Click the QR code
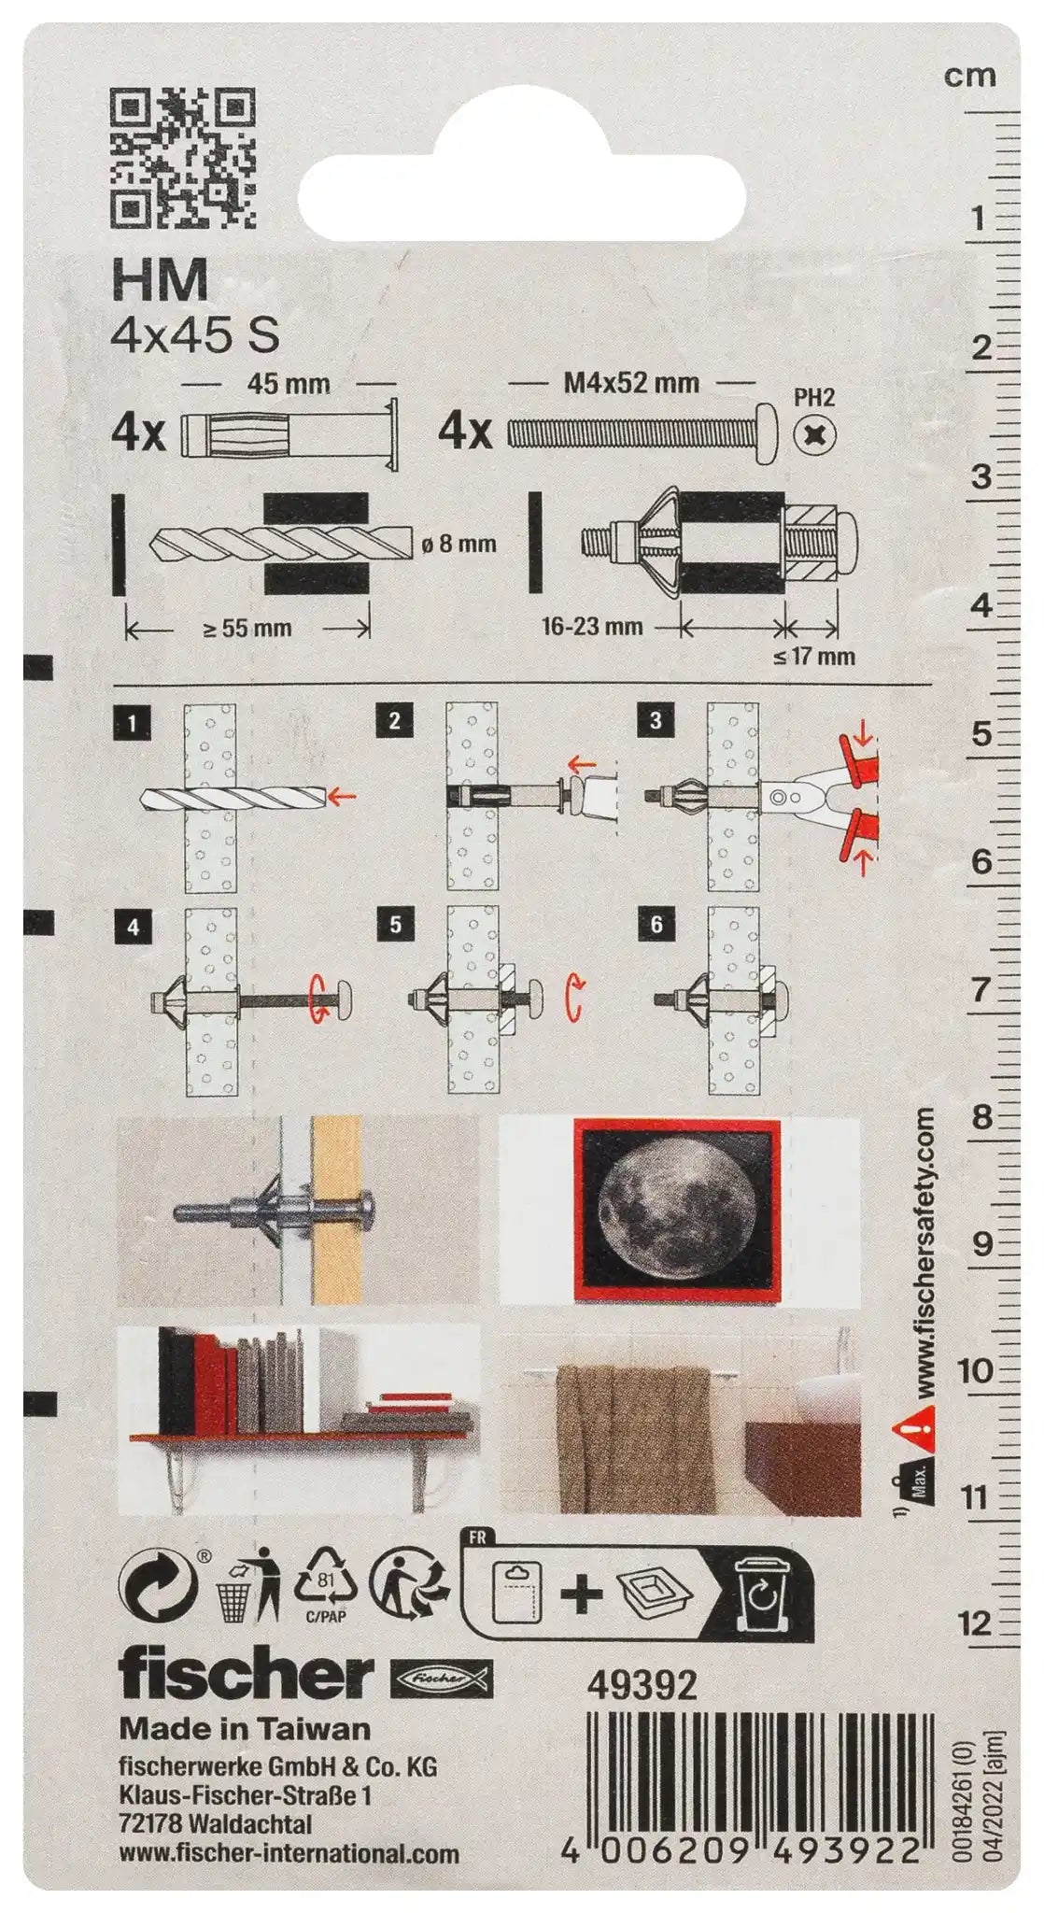[183, 158]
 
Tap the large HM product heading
[160, 278]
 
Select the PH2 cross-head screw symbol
[814, 434]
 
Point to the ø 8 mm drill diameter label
[459, 544]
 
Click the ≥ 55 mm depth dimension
[247, 629]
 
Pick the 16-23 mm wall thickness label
[592, 626]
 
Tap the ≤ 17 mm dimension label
[814, 656]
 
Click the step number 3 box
[656, 720]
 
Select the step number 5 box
[395, 925]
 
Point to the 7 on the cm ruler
[980, 989]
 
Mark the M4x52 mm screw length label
[631, 382]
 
